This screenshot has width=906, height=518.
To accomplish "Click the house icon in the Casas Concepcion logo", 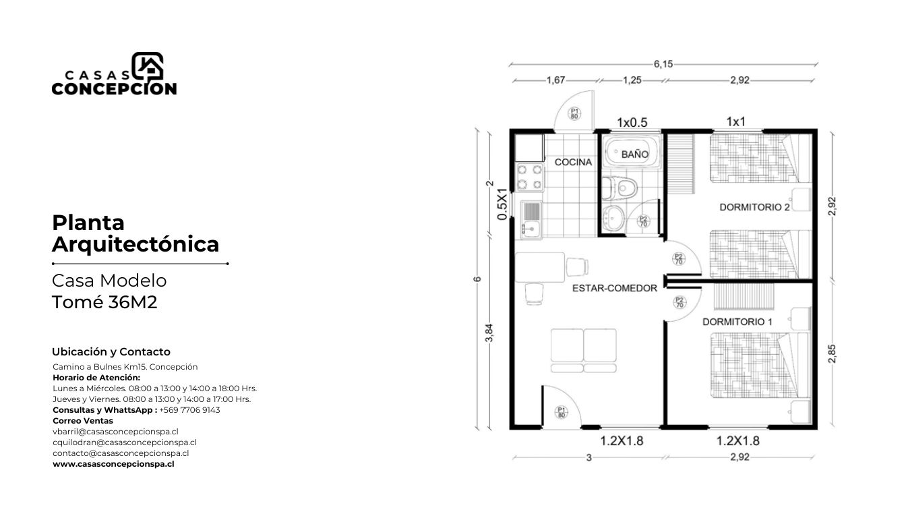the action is [x=148, y=66].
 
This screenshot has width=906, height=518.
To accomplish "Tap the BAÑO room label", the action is [x=634, y=154].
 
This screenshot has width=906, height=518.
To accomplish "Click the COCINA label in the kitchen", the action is [x=573, y=162].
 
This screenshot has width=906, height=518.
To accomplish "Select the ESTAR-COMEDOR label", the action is [x=614, y=288].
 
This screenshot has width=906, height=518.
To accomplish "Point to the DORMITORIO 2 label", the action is [x=754, y=207].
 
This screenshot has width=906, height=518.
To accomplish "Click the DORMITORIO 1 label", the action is [x=737, y=322].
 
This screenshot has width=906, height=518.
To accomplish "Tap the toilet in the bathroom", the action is [x=620, y=188].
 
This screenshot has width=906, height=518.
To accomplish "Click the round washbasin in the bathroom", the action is [x=613, y=219].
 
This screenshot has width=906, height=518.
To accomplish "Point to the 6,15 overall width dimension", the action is [x=663, y=64].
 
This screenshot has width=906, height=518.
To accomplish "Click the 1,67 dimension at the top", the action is [x=555, y=80].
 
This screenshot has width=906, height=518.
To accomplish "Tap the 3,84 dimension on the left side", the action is [x=489, y=333].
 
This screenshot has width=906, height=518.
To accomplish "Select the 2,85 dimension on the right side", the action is [x=832, y=353].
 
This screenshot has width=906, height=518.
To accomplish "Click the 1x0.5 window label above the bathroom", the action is [x=632, y=122].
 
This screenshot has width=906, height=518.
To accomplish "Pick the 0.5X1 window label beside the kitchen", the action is [x=502, y=204].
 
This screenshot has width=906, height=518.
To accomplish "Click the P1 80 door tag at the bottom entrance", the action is [x=562, y=412].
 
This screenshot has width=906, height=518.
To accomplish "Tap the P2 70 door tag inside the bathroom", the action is [x=643, y=221].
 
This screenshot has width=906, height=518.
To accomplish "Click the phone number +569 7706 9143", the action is [x=189, y=410].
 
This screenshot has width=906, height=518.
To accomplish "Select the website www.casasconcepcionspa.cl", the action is [x=113, y=464].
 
